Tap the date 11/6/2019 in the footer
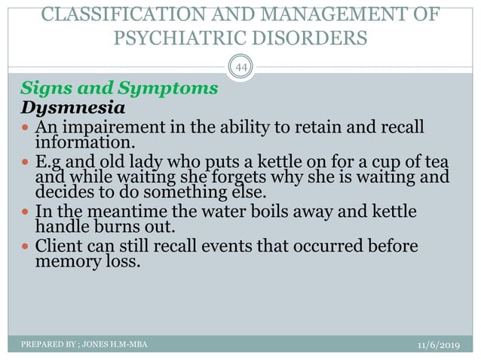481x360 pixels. (x=440, y=344)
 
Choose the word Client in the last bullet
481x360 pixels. (x=62, y=248)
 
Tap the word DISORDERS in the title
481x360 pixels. (x=310, y=38)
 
